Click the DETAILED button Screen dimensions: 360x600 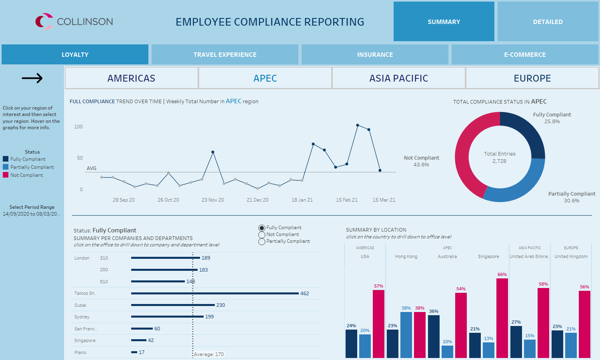548,22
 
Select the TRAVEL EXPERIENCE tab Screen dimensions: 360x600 225,54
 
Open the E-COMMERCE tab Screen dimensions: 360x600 525,54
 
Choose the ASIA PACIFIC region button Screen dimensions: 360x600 398,78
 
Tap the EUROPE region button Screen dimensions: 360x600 532,78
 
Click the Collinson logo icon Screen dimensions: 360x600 44,22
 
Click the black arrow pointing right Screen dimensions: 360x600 32,78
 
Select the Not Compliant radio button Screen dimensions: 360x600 262,235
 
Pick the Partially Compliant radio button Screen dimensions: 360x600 262,242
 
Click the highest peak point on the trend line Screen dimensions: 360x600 358,125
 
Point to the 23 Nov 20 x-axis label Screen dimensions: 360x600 212,200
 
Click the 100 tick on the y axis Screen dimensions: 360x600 78,127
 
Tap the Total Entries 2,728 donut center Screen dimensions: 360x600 500,157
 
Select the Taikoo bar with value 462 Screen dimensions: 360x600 215,293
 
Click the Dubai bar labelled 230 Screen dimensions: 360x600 173,305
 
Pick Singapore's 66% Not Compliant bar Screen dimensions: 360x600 502,318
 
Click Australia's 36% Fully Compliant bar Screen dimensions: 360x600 434,336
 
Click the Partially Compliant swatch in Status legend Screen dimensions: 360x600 6,167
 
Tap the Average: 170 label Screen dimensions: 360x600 209,354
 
